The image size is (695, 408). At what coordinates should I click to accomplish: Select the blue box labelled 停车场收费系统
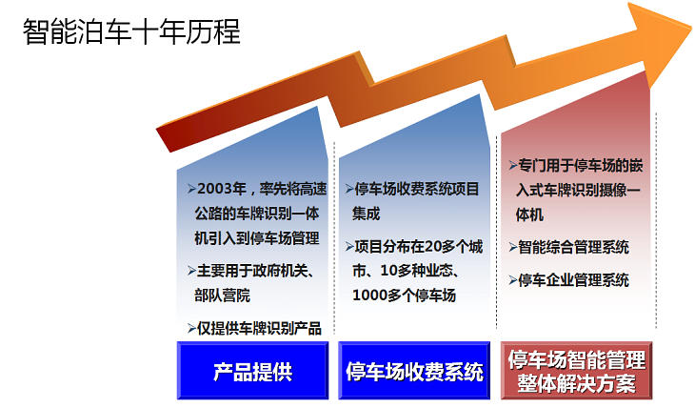(x=414, y=371)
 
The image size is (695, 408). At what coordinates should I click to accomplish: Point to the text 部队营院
(x=218, y=296)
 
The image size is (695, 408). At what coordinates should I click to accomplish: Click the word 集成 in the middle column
(x=367, y=213)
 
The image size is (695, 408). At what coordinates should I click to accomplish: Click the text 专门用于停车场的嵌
(x=581, y=164)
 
